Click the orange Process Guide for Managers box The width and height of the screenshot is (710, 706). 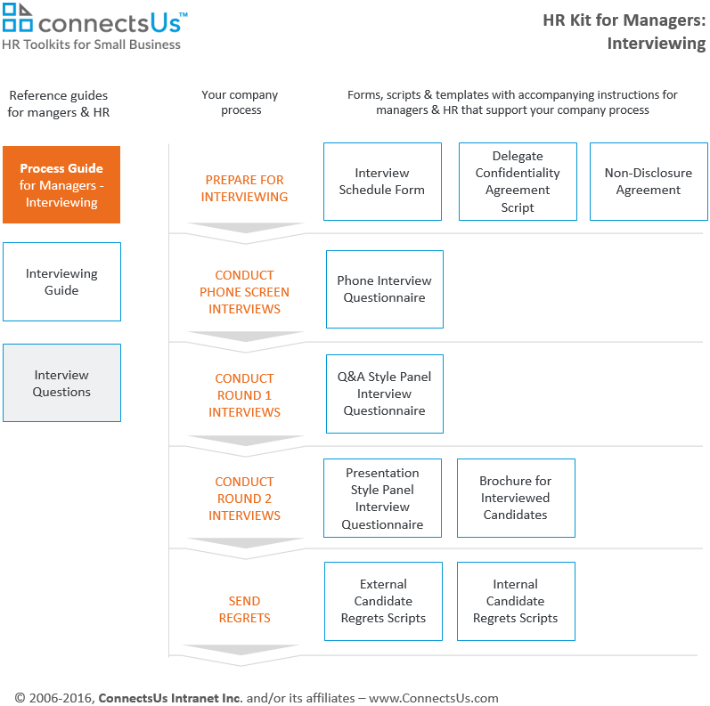tap(61, 184)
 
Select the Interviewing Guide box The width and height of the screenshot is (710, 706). tap(62, 281)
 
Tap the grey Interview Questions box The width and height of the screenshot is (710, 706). tap(62, 383)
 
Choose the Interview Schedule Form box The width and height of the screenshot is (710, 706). tap(383, 182)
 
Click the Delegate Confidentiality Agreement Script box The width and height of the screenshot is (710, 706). tap(518, 182)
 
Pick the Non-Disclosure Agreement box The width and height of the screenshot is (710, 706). tap(649, 182)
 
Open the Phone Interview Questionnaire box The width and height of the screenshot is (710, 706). tap(385, 289)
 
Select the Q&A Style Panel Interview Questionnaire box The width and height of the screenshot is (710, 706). tap(385, 394)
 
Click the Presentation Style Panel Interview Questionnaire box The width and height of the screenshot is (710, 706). tap(383, 499)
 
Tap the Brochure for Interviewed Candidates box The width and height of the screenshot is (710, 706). tap(516, 499)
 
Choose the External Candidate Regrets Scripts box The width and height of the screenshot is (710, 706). tap(384, 602)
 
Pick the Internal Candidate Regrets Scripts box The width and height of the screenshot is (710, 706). tap(516, 602)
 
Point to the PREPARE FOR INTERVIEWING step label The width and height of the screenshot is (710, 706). tap(244, 188)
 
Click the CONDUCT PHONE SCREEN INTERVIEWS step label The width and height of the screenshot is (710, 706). tap(244, 292)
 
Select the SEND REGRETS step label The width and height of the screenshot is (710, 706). tap(244, 609)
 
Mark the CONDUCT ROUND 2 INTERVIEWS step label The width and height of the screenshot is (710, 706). tap(244, 499)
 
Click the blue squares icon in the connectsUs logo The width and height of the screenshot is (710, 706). tap(17, 17)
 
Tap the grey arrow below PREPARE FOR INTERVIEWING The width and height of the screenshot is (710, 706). tap(245, 228)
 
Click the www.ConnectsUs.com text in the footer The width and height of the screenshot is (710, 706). tap(433, 698)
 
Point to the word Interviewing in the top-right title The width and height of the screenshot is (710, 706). tap(657, 44)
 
